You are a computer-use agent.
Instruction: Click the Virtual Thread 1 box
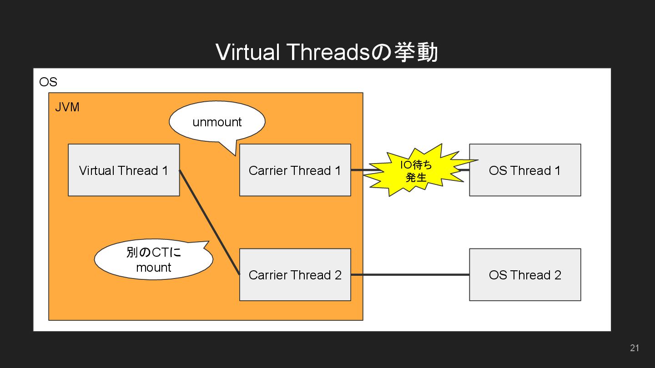124,170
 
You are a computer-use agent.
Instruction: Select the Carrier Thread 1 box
295,170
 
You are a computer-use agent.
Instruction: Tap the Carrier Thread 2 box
295,274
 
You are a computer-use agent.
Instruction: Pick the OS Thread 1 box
525,170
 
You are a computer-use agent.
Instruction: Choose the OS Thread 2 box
525,274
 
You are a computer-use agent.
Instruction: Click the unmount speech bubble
217,122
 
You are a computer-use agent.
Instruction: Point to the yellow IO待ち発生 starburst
416,171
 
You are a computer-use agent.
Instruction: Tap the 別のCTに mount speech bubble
153,260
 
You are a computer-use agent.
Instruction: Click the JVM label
67,107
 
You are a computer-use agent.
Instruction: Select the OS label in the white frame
48,82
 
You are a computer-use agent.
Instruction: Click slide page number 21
635,348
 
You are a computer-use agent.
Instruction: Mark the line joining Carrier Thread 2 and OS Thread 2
409,274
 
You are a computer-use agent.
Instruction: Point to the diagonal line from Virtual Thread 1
209,222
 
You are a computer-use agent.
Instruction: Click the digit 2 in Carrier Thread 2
338,275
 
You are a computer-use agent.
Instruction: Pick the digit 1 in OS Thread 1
557,170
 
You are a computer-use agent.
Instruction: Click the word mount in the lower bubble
154,267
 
